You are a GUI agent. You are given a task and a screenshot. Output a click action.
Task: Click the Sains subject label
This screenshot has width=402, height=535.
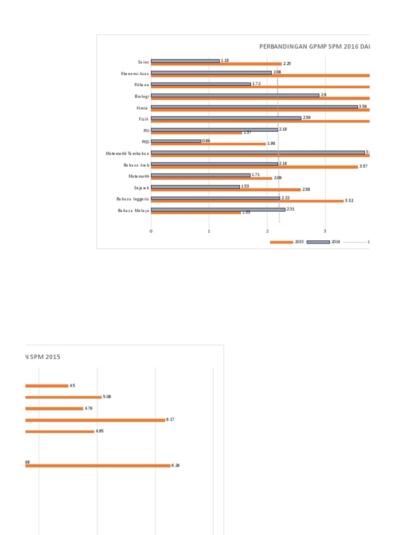(143, 62)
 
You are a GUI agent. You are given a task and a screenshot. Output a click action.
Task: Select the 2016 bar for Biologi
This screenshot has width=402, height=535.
(235, 95)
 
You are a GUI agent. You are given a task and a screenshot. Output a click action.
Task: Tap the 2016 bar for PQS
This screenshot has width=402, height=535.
(176, 141)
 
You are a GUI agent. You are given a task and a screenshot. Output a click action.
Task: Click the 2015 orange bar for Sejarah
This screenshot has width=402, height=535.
(226, 190)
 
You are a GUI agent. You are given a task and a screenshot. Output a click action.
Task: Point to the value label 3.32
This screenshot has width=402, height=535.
(350, 201)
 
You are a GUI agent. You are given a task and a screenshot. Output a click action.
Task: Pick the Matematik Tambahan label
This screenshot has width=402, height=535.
(127, 154)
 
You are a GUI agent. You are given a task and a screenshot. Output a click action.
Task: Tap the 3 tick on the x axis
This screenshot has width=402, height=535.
(325, 231)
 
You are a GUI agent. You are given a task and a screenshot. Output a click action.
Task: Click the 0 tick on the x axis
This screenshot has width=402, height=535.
(151, 231)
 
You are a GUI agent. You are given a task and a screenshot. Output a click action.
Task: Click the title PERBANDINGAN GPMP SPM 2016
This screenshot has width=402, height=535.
(314, 46)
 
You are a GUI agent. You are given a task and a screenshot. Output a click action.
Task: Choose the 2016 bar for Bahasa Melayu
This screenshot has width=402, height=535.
(218, 210)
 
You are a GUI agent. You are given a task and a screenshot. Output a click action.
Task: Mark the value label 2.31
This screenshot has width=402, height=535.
(291, 209)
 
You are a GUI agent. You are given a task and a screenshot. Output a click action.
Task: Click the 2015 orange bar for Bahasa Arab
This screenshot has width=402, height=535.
(254, 167)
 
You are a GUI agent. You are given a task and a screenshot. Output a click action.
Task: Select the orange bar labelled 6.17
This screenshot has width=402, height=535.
(95, 420)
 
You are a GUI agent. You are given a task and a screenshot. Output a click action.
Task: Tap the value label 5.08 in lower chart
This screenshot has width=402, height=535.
(107, 397)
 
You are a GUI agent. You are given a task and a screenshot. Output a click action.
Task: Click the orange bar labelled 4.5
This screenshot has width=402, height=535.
(47, 386)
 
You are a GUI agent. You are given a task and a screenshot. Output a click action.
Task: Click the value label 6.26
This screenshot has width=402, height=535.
(176, 466)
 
